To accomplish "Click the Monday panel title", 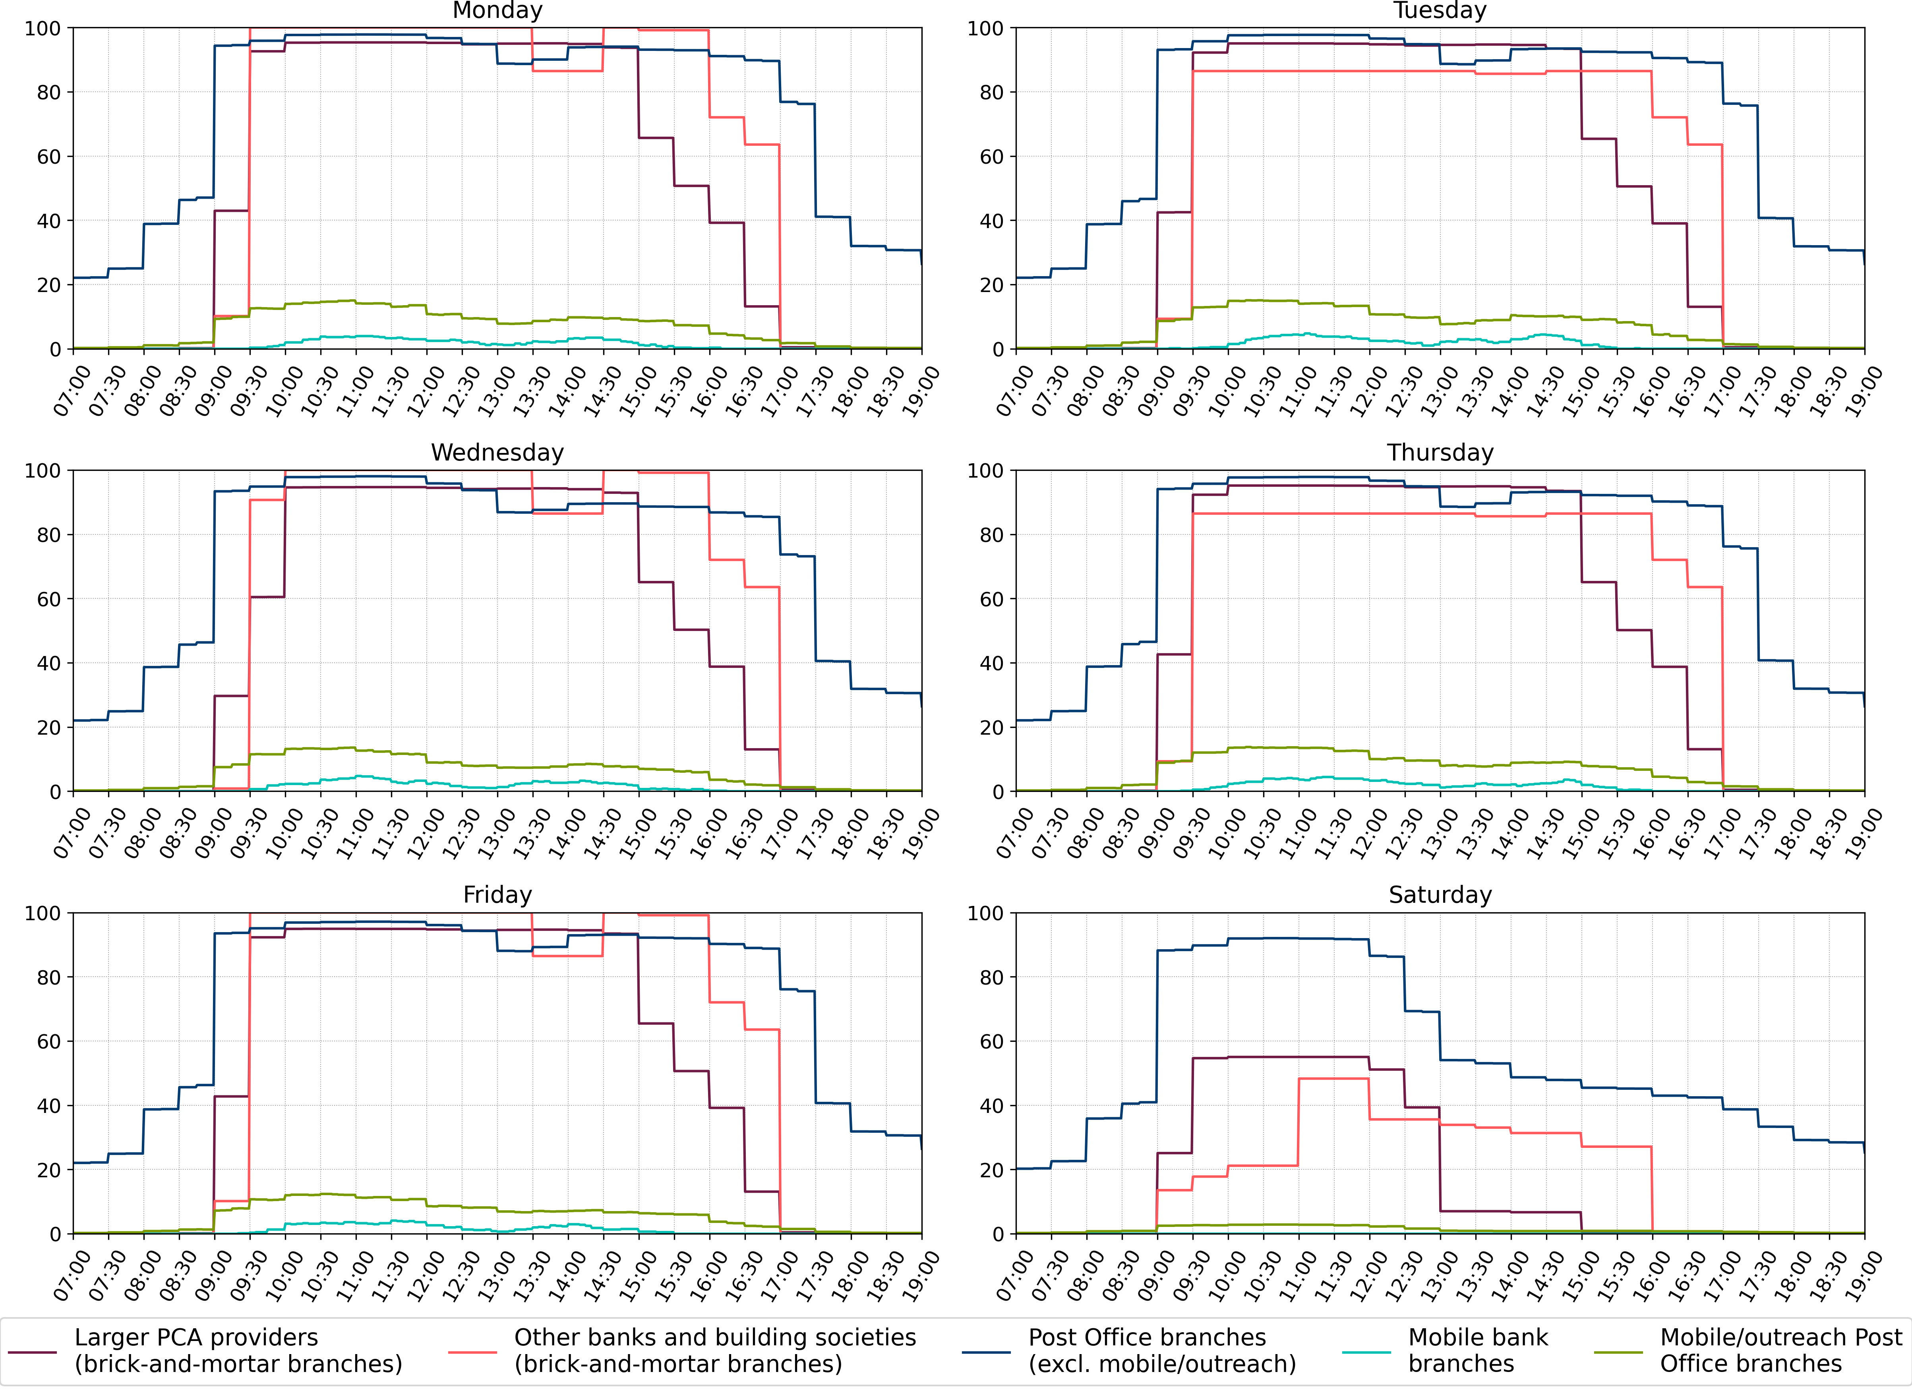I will (x=497, y=11).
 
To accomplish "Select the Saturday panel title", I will (x=1440, y=895).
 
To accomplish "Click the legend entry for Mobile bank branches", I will (x=1477, y=1351).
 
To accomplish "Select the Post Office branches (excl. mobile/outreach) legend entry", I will (x=1162, y=1351).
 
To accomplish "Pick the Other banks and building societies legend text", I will (x=714, y=1351).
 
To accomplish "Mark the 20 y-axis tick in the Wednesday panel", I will (x=49, y=727).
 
